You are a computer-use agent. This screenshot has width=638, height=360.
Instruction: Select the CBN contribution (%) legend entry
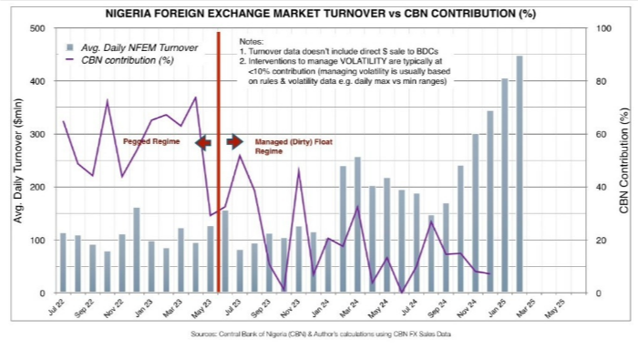[x=129, y=59]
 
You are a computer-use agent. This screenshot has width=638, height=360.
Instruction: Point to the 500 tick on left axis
[x=36, y=28]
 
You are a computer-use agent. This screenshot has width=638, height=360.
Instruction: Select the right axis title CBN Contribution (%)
[x=624, y=161]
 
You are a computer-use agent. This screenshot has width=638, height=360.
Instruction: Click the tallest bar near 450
[x=520, y=173]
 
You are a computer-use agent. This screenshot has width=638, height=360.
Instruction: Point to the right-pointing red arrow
[x=235, y=141]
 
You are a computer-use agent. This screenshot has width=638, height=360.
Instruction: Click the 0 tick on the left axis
[x=42, y=293]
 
